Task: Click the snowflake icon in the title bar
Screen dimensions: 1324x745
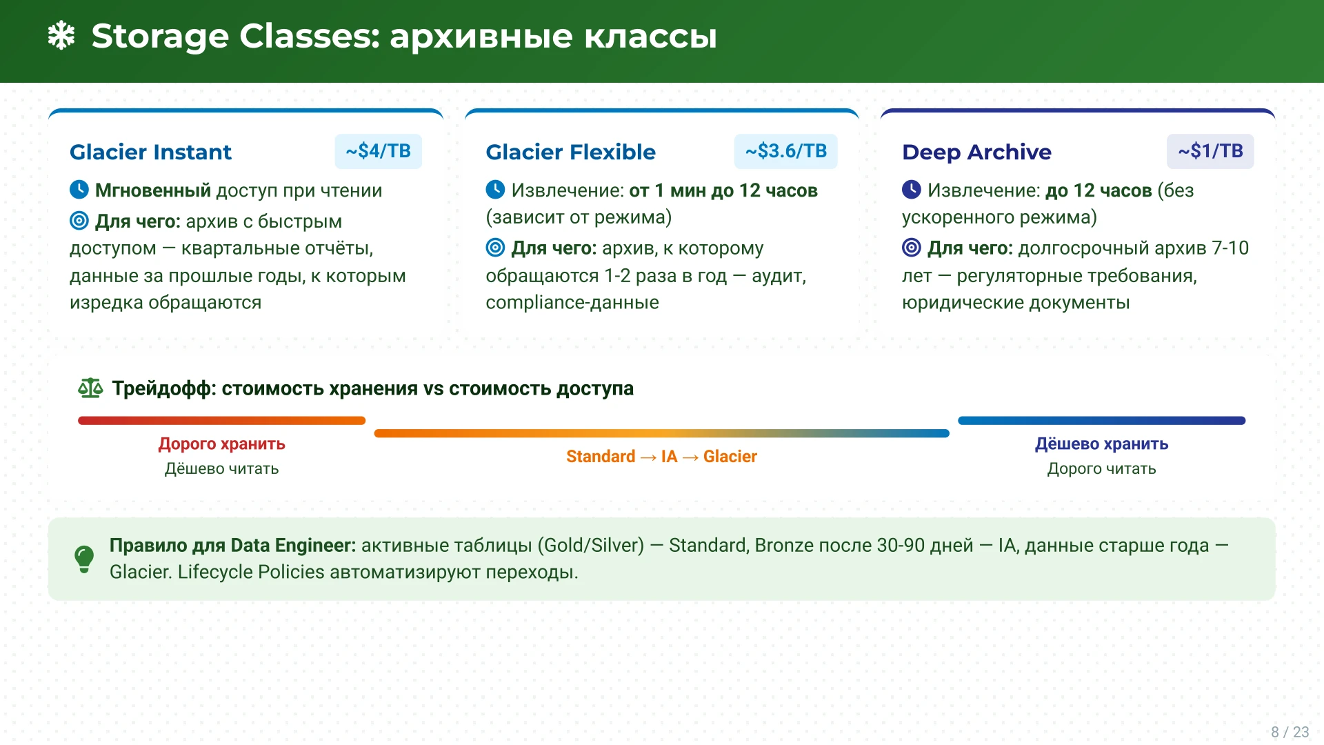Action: pyautogui.click(x=61, y=36)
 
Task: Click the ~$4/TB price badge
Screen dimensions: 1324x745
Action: pyautogui.click(x=379, y=151)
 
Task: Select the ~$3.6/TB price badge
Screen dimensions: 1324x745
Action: pyautogui.click(x=786, y=151)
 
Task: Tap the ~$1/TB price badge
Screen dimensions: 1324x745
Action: pyautogui.click(x=1210, y=151)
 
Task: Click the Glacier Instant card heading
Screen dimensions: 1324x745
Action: pyautogui.click(x=150, y=152)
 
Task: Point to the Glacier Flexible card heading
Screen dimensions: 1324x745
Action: pyautogui.click(x=570, y=152)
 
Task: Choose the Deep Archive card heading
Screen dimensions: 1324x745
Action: pyautogui.click(x=976, y=152)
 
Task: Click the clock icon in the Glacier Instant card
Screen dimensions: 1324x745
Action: pyautogui.click(x=79, y=189)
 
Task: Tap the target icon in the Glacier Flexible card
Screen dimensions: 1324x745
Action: pyautogui.click(x=495, y=247)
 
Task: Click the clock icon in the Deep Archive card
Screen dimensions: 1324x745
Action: pyautogui.click(x=912, y=189)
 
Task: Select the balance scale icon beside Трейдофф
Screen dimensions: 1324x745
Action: pyautogui.click(x=90, y=388)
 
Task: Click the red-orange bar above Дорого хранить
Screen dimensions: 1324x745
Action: pyautogui.click(x=221, y=420)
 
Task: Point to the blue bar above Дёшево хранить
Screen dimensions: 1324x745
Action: pyautogui.click(x=1101, y=420)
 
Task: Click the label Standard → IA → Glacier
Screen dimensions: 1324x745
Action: pyautogui.click(x=661, y=457)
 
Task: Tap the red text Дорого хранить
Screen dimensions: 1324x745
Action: pyautogui.click(x=221, y=444)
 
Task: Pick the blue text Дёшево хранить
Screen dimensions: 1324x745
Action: pyautogui.click(x=1101, y=444)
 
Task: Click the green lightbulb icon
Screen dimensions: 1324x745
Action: pyautogui.click(x=84, y=559)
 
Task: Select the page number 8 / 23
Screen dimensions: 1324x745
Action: pyautogui.click(x=1290, y=732)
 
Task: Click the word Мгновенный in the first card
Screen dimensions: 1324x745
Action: pyautogui.click(x=153, y=190)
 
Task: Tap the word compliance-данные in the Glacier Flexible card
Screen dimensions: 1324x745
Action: pyautogui.click(x=572, y=303)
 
